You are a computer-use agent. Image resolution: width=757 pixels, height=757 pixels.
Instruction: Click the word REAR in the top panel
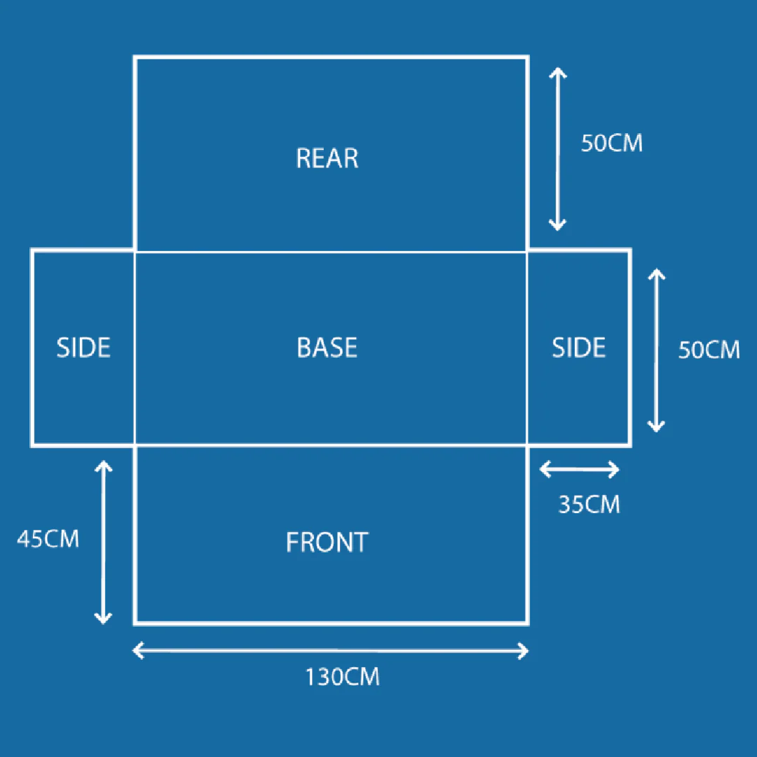[x=327, y=158]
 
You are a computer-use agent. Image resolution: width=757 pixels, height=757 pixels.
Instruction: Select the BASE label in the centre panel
[x=327, y=348]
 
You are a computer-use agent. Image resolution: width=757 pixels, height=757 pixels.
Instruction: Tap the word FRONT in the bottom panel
[x=327, y=542]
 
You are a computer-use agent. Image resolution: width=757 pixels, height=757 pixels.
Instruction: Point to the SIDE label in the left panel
[x=83, y=348]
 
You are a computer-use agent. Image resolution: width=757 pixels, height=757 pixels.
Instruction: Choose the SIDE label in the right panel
[x=578, y=348]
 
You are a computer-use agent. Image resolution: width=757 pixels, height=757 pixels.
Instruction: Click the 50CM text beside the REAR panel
[x=611, y=143]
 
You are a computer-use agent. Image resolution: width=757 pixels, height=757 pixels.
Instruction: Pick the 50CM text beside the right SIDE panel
[x=709, y=350]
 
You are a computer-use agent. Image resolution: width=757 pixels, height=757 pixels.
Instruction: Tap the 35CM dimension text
[x=589, y=505]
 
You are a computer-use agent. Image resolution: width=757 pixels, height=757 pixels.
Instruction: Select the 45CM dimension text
[x=48, y=539]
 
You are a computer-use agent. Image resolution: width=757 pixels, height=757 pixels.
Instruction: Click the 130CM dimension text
[x=342, y=677]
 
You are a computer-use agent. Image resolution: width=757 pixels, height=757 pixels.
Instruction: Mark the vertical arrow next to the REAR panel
[x=557, y=149]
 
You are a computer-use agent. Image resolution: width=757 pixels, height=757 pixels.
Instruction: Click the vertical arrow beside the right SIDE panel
[x=656, y=350]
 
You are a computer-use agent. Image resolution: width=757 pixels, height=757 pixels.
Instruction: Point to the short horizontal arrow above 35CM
[x=580, y=470]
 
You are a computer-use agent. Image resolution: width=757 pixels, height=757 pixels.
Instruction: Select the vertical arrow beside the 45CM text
[x=104, y=542]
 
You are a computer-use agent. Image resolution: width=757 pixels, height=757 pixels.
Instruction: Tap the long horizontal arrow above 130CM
[x=330, y=651]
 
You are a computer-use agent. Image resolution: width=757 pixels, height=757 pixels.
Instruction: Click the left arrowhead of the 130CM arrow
[x=137, y=651]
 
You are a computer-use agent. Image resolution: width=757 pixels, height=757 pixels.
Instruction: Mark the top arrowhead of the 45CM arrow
[x=104, y=465]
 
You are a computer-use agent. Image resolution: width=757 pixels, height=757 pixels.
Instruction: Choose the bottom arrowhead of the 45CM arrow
[x=104, y=619]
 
